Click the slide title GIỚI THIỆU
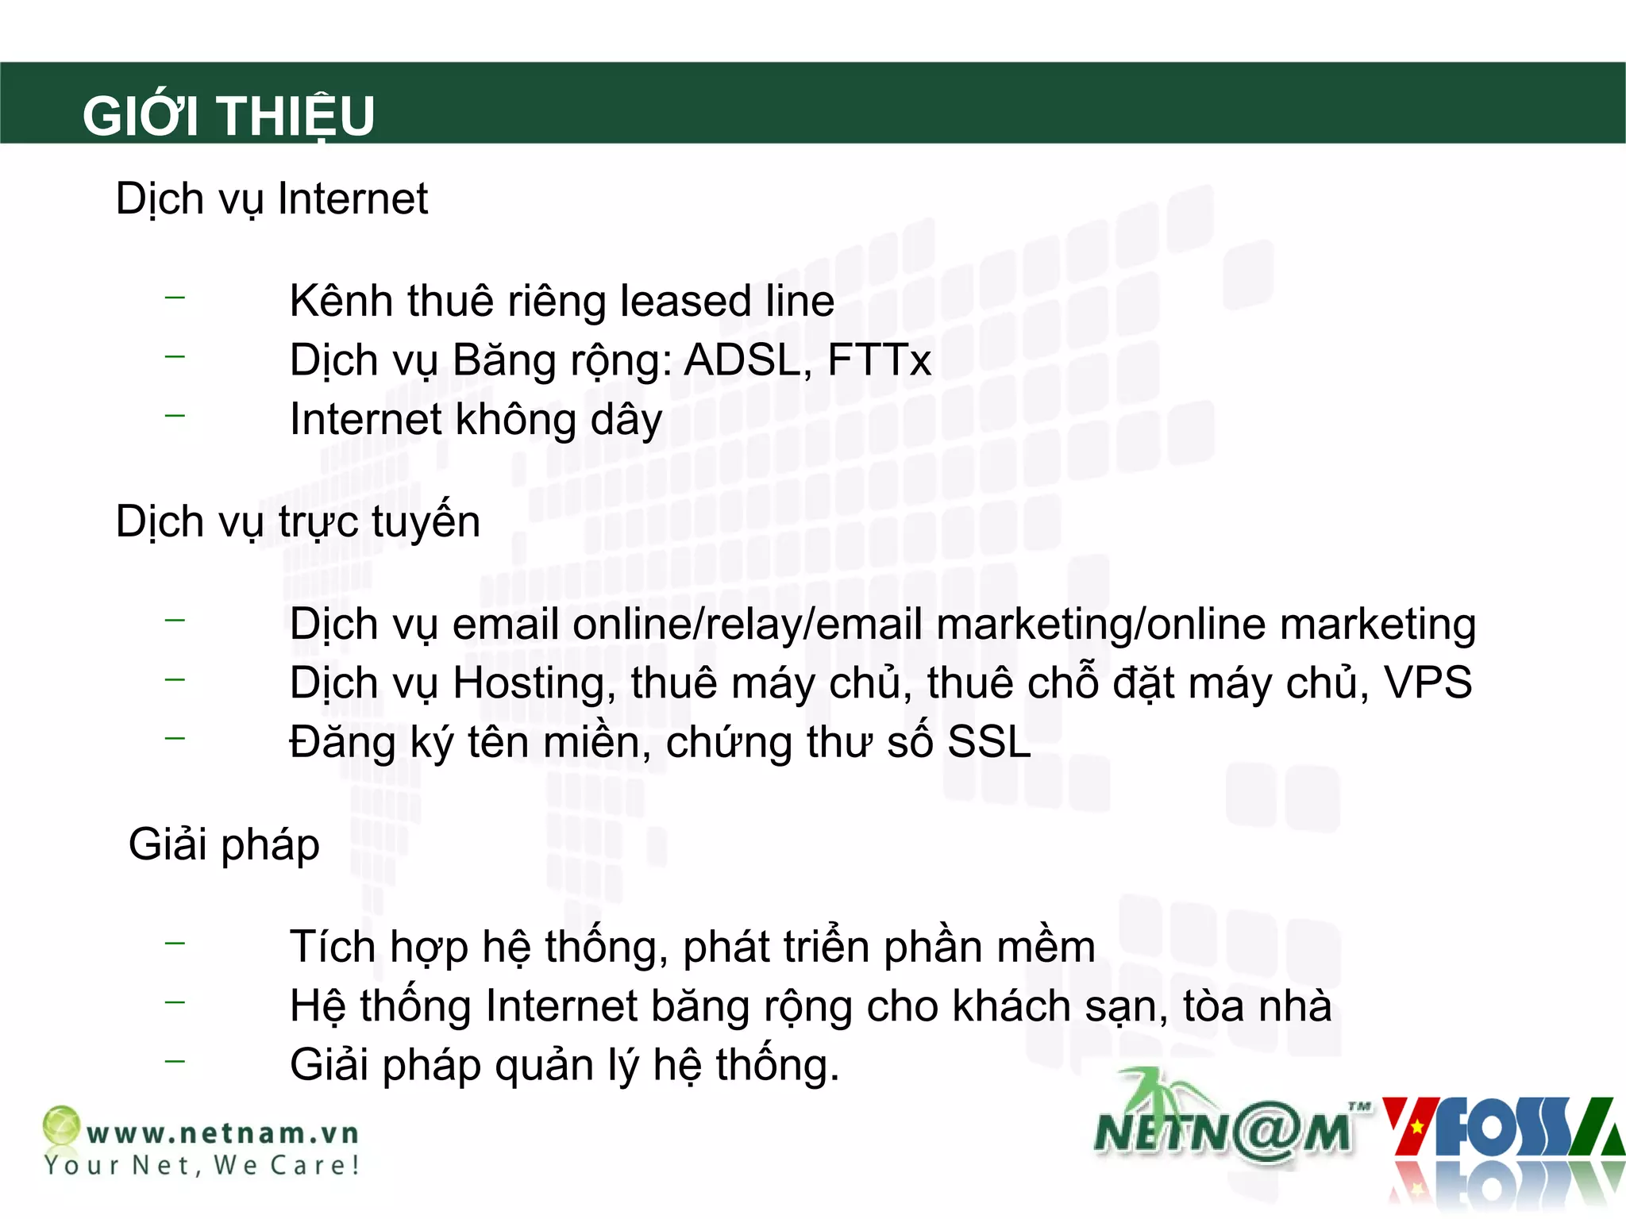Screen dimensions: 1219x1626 click(x=229, y=116)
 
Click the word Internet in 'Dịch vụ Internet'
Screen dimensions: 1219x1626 click(x=353, y=198)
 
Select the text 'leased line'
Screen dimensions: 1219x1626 click(x=726, y=302)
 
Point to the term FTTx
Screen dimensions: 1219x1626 click(x=879, y=360)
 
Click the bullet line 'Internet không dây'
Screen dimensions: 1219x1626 click(x=476, y=420)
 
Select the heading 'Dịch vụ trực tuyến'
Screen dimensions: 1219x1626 click(x=298, y=521)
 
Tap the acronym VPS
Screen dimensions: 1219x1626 click(x=1428, y=683)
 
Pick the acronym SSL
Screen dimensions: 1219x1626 click(x=988, y=742)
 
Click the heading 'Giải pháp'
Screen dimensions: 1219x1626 click(x=224, y=844)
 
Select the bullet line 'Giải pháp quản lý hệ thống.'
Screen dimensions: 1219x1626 click(x=564, y=1065)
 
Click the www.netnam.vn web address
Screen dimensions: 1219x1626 click(x=223, y=1132)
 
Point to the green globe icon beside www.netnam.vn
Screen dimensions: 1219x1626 click(x=61, y=1125)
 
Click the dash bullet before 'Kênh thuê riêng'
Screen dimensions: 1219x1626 click(x=175, y=298)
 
